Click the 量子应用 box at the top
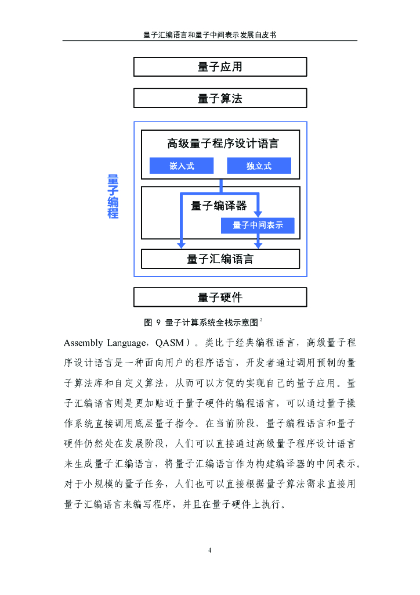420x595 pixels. pyautogui.click(x=220, y=67)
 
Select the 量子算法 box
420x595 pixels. pyautogui.click(x=220, y=98)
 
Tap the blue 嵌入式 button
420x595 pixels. pyautogui.click(x=182, y=166)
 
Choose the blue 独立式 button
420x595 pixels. pyautogui.click(x=259, y=166)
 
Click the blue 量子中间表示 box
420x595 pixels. pyautogui.click(x=258, y=225)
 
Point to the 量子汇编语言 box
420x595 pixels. pyautogui.click(x=220, y=259)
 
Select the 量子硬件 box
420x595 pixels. pyautogui.click(x=220, y=297)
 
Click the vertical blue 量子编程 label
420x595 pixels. pyautogui.click(x=113, y=196)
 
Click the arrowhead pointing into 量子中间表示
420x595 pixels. pyautogui.click(x=259, y=213)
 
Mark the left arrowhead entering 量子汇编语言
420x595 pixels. pyautogui.click(x=181, y=245)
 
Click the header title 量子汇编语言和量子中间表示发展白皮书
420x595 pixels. pyautogui.click(x=209, y=35)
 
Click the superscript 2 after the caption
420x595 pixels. pyautogui.click(x=262, y=319)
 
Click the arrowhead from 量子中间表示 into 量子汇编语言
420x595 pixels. pyautogui.click(x=259, y=245)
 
